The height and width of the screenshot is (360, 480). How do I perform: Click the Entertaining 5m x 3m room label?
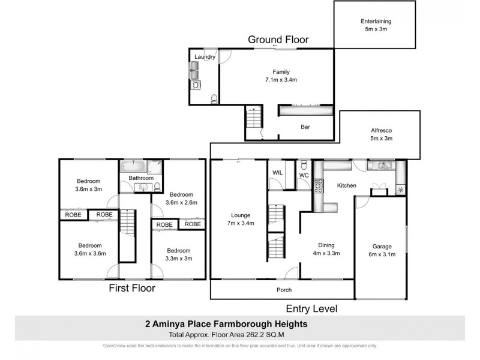tap(376, 25)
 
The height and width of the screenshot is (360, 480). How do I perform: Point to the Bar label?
tap(305, 127)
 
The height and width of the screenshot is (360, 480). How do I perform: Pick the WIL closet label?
tap(277, 173)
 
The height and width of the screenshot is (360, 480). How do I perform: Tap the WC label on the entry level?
tap(304, 175)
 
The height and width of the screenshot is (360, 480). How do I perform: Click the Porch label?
tap(284, 290)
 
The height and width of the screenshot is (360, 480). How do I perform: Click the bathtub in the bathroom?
tap(133, 166)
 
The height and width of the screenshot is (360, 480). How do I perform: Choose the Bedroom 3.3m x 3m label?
tap(179, 254)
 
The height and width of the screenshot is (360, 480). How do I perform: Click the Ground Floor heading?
tap(278, 40)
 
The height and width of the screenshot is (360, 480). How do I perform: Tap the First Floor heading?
tap(131, 288)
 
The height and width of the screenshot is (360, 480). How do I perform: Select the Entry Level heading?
tap(311, 308)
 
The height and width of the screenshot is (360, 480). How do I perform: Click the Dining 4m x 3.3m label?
tap(326, 249)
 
